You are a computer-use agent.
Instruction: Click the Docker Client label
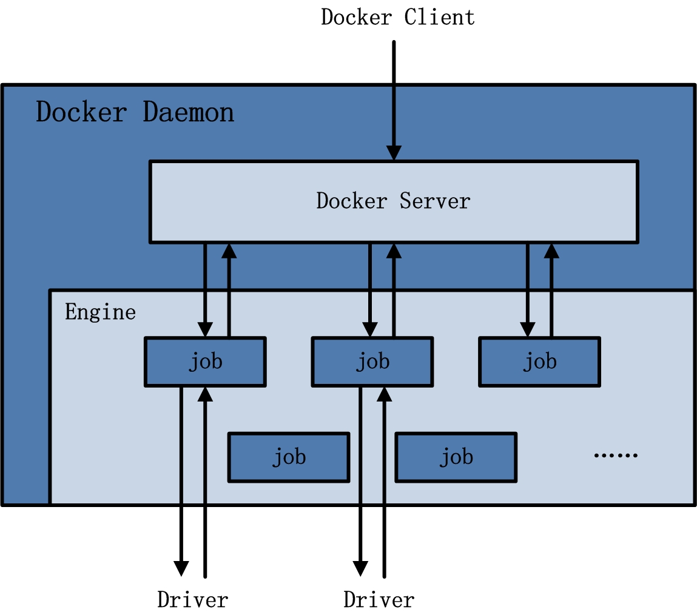pyautogui.click(x=397, y=17)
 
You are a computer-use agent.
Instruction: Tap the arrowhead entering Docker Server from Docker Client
pyautogui.click(x=394, y=153)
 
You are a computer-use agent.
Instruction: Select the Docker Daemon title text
pyautogui.click(x=135, y=113)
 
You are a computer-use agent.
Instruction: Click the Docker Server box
pyautogui.click(x=394, y=201)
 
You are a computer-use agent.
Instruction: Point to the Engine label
pyautogui.click(x=100, y=312)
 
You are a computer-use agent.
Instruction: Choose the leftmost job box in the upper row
pyautogui.click(x=205, y=361)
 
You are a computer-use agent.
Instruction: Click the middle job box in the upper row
pyautogui.click(x=372, y=361)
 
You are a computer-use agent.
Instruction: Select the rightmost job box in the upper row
pyautogui.click(x=539, y=361)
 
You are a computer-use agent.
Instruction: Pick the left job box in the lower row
pyautogui.click(x=289, y=457)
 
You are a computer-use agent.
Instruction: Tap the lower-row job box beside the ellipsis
pyautogui.click(x=456, y=457)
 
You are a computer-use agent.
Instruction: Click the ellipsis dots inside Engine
pyautogui.click(x=615, y=455)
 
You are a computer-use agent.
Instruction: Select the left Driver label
pyautogui.click(x=192, y=600)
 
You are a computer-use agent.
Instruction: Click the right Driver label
pyautogui.click(x=379, y=600)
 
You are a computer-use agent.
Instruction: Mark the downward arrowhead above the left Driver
pyautogui.click(x=181, y=568)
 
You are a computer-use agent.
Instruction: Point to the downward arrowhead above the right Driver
pyautogui.click(x=360, y=568)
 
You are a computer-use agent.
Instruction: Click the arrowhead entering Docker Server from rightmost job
pyautogui.click(x=551, y=250)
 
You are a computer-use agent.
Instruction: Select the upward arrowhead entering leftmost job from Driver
pyautogui.click(x=206, y=394)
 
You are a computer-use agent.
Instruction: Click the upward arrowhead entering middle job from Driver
pyautogui.click(x=384, y=394)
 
